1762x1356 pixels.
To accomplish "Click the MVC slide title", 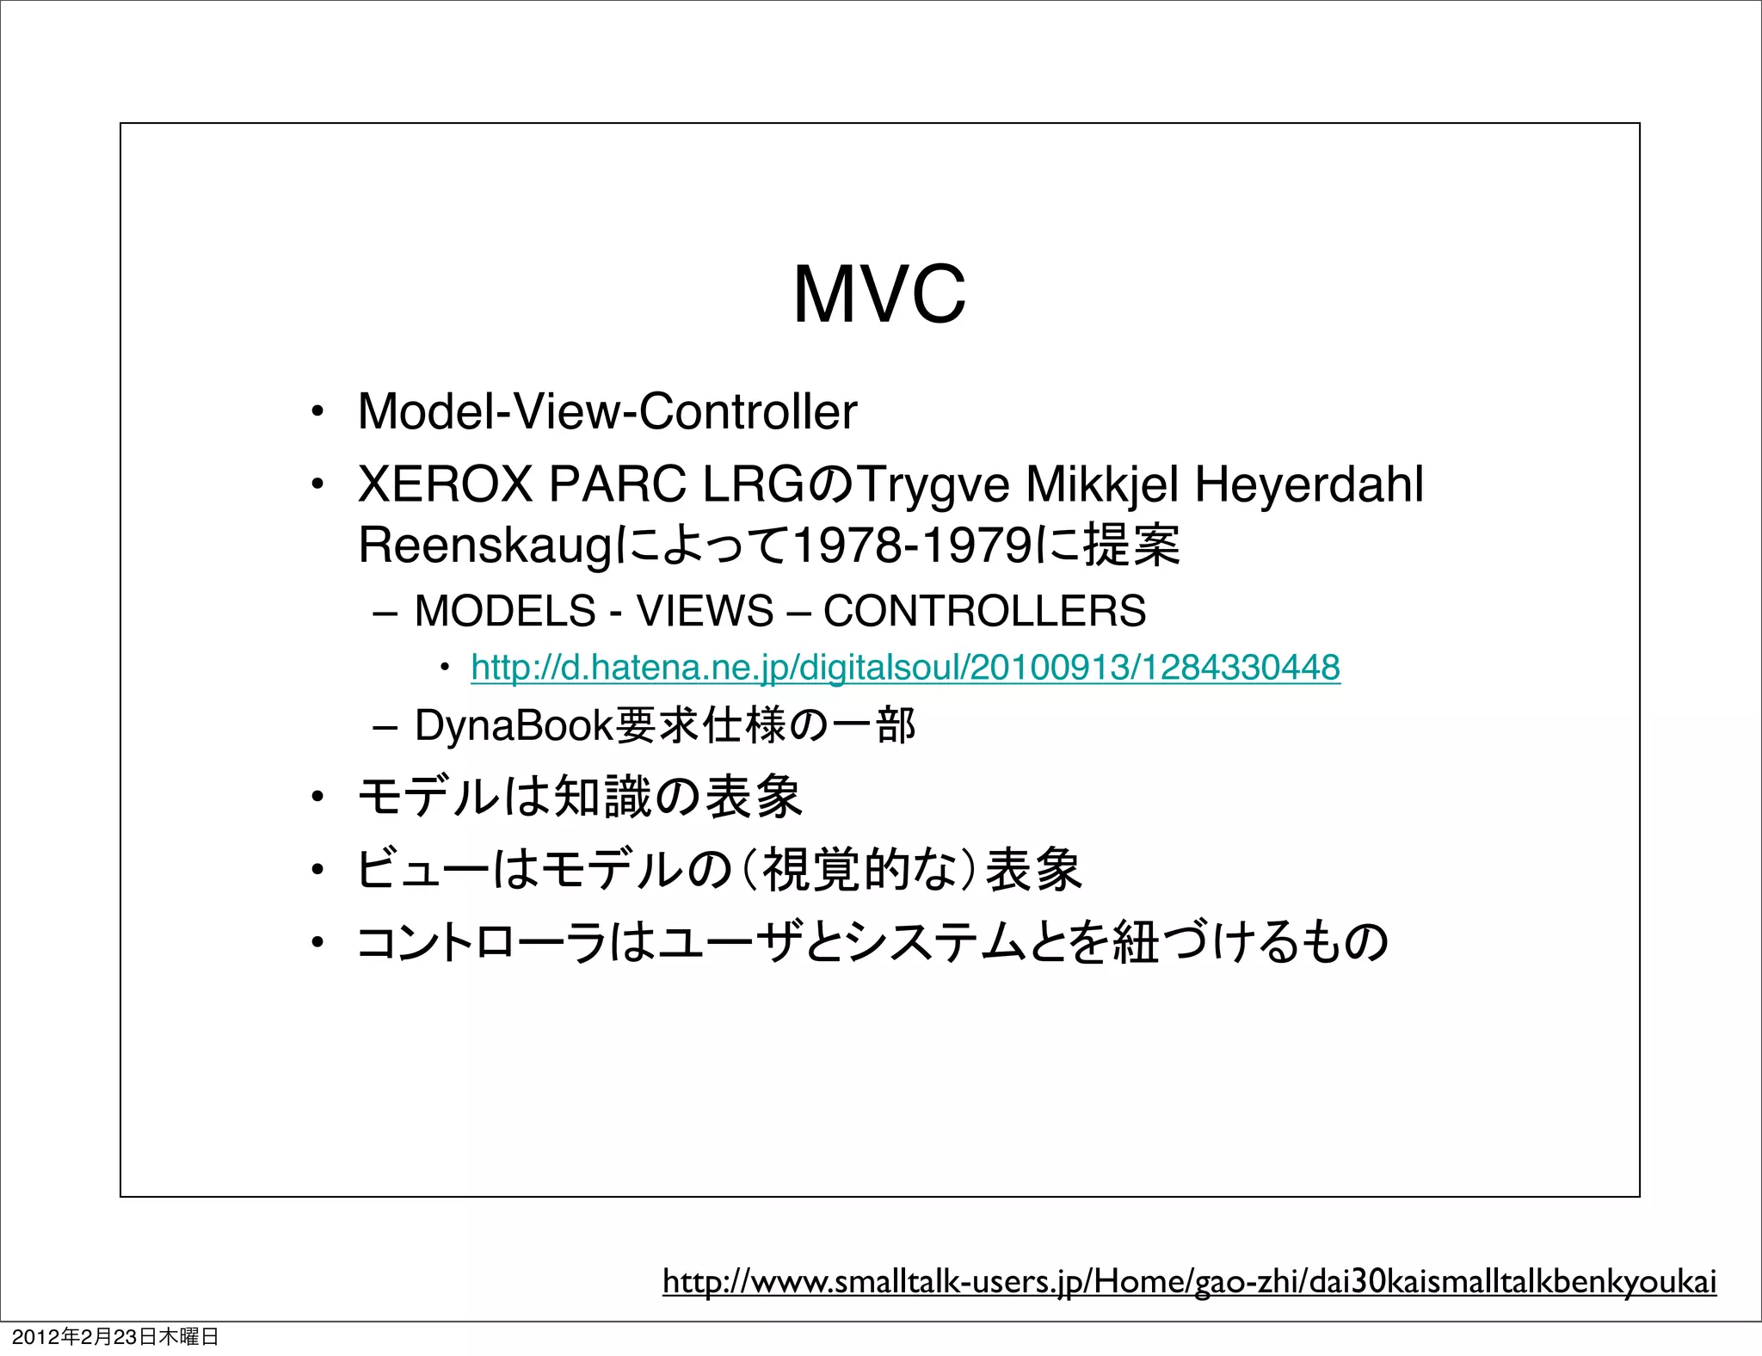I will [879, 294].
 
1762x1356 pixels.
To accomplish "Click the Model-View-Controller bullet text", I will [607, 411].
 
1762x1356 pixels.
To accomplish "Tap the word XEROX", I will [445, 484].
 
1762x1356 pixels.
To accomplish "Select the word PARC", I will [616, 484].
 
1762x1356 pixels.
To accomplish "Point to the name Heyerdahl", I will [1309, 484].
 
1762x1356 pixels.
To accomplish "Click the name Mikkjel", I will [1102, 485].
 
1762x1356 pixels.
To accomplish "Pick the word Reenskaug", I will [484, 546].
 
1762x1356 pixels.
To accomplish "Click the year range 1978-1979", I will [911, 545].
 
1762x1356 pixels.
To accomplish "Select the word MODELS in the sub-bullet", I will [505, 612].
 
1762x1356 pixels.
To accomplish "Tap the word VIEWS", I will [705, 612].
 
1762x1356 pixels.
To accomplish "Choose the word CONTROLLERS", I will [984, 612].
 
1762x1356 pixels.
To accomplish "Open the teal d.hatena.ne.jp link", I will [905, 668].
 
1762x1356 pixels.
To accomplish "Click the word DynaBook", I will [513, 725].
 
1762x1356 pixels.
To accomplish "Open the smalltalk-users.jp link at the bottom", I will [1189, 1281].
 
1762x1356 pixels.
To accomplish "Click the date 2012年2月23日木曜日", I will [115, 1337].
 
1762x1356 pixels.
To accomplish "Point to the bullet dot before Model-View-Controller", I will [317, 412].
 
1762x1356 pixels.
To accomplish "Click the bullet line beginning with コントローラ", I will [872, 942].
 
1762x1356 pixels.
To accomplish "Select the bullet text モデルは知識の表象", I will [580, 797].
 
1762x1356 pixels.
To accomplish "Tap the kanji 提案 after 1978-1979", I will [1131, 545].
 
